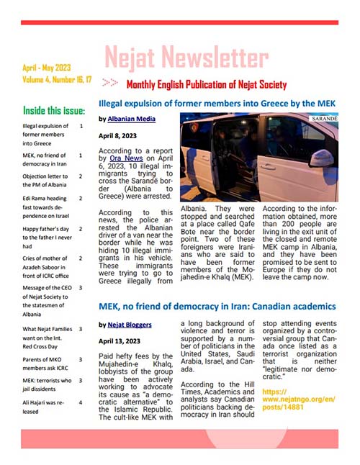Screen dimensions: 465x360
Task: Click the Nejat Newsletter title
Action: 186,57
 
